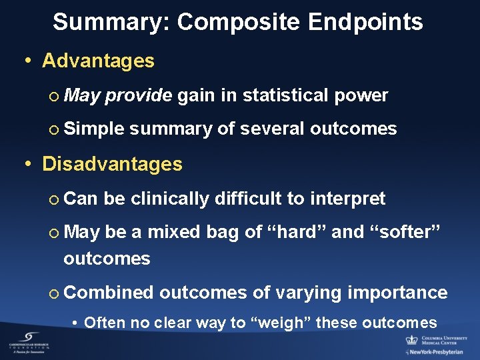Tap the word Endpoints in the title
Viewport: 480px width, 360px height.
click(x=365, y=22)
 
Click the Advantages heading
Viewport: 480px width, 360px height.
click(x=98, y=61)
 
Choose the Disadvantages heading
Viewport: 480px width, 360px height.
click(x=112, y=164)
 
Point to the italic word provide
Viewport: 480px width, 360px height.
click(x=139, y=95)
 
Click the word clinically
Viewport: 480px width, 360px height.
click(x=170, y=198)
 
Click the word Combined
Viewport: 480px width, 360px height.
click(x=109, y=292)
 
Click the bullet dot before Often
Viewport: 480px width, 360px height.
click(x=76, y=323)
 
